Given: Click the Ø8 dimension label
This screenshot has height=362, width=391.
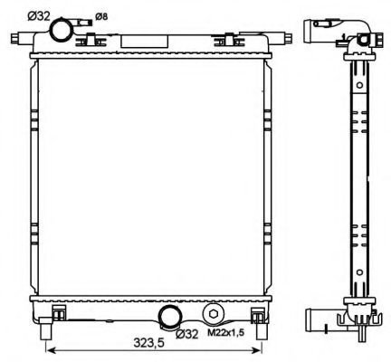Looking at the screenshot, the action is coord(101,17).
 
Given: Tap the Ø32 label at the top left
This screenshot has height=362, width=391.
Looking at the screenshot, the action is coord(39,15).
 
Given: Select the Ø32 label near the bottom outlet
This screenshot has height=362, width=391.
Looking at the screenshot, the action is coord(187,334).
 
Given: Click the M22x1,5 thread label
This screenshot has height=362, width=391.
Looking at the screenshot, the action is coord(226,333).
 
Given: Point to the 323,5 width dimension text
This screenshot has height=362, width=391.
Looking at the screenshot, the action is coord(149,342).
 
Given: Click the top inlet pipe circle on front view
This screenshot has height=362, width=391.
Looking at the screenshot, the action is coord(62,30).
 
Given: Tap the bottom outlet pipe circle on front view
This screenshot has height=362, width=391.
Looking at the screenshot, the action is coord(170,318).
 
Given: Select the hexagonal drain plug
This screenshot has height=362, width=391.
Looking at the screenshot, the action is coord(213,314).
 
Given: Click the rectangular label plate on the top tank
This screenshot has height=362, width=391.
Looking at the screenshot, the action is coord(144,42).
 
